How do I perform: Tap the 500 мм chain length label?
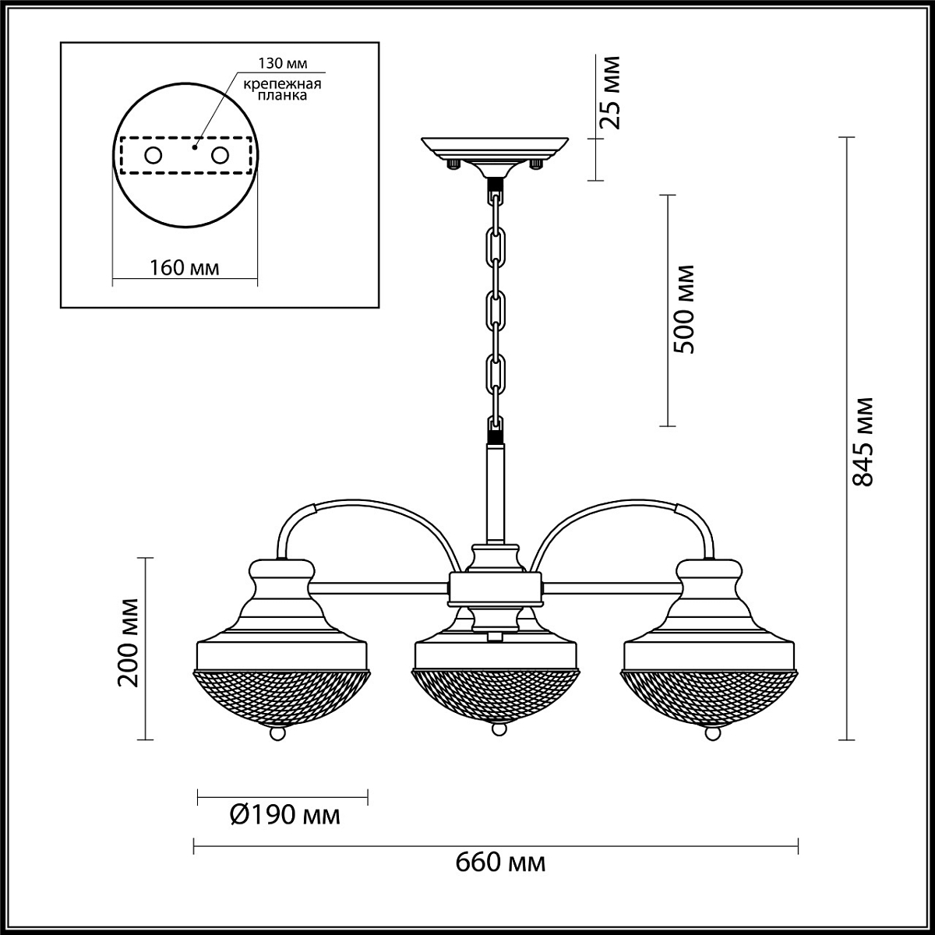(x=685, y=309)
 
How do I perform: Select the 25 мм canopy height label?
(x=609, y=93)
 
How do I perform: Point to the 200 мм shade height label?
(x=129, y=642)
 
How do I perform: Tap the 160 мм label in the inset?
(x=184, y=267)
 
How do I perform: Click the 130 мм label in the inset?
(x=282, y=63)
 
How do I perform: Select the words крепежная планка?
(x=282, y=90)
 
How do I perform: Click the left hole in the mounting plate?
(x=153, y=156)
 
